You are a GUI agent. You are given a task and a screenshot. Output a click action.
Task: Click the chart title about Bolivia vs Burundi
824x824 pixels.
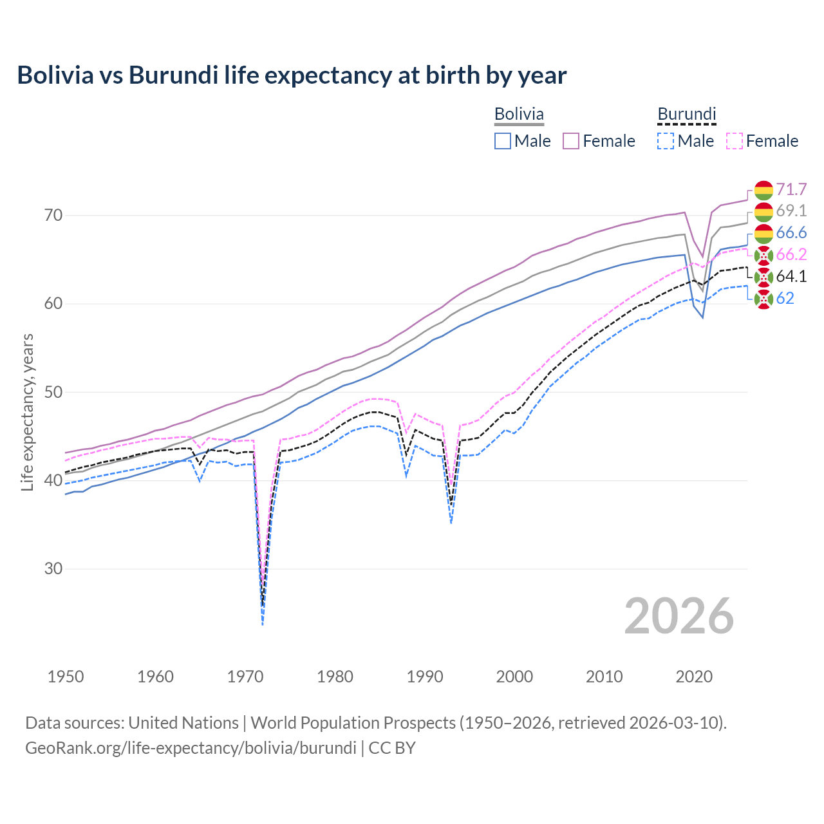[292, 75]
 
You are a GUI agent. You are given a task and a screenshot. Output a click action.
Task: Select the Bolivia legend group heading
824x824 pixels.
[519, 114]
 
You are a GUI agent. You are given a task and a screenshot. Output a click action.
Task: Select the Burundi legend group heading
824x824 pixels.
[686, 114]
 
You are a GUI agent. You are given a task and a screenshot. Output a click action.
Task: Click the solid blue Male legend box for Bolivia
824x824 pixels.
[503, 141]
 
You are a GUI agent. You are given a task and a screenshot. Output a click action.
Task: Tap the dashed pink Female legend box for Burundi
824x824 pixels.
[735, 141]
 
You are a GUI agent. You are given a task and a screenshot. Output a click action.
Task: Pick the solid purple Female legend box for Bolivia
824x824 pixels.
[571, 141]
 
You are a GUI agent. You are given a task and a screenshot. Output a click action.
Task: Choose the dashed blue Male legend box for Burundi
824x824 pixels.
[666, 141]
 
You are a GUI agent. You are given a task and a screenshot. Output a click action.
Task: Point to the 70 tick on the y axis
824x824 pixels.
[53, 215]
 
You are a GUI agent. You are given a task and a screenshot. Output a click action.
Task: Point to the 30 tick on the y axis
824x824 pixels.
[53, 568]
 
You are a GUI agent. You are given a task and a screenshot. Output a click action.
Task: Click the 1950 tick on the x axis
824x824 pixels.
[66, 677]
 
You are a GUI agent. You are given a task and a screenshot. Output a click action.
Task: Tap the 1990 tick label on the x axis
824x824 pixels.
[425, 677]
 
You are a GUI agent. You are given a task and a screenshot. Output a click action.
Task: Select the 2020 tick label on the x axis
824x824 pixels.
[694, 677]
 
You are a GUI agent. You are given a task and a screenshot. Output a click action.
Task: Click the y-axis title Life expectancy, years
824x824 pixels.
[27, 412]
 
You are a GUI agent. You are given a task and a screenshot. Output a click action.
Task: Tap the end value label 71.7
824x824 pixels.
[791, 189]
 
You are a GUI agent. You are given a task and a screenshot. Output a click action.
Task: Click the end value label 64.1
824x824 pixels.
[791, 276]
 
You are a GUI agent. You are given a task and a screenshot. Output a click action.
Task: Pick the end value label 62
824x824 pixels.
[785, 298]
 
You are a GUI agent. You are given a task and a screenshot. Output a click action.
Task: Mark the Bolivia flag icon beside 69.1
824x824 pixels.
[763, 211]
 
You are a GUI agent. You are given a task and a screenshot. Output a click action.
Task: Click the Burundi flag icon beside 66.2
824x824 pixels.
[763, 255]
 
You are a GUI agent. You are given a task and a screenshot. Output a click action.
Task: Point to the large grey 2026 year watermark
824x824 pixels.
[679, 616]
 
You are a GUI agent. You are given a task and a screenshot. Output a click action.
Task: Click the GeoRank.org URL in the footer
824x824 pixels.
[191, 748]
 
